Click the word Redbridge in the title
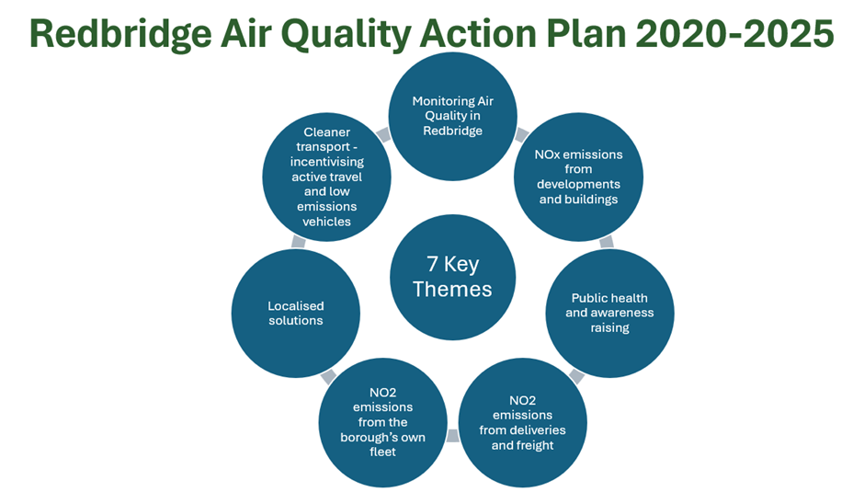click(120, 35)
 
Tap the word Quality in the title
click(347, 35)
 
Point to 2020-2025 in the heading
click(735, 33)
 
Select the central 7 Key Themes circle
click(452, 277)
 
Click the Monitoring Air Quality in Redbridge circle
click(452, 117)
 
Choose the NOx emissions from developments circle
click(578, 177)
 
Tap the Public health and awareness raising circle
click(609, 314)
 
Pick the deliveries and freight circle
click(522, 422)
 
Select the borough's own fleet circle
click(382, 422)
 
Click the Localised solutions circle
click(295, 314)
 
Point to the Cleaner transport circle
click(326, 177)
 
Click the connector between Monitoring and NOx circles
click(521, 134)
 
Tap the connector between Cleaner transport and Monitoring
click(383, 134)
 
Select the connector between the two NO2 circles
click(452, 436)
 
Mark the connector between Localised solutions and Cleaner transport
click(298, 242)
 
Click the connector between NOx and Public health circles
click(606, 242)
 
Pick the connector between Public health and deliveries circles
click(576, 376)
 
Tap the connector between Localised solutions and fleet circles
click(328, 377)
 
